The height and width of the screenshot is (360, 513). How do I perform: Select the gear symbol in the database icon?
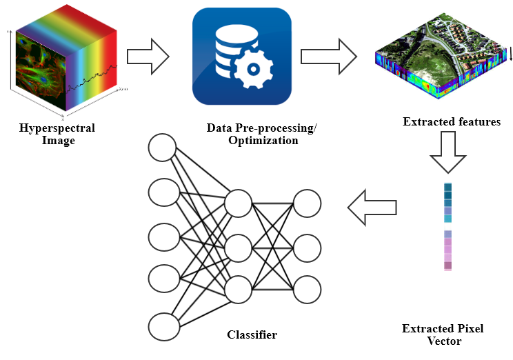[x=254, y=70]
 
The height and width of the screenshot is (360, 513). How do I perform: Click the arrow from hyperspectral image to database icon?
[x=148, y=54]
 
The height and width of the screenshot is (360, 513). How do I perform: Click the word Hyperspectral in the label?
[x=57, y=128]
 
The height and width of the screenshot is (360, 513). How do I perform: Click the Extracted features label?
[x=452, y=122]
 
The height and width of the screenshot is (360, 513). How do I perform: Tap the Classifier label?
[x=252, y=335]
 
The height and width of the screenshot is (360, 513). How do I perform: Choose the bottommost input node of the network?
[x=164, y=326]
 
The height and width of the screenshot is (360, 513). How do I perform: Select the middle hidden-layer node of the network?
[x=238, y=246]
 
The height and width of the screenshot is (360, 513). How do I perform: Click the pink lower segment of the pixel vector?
[x=448, y=250]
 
